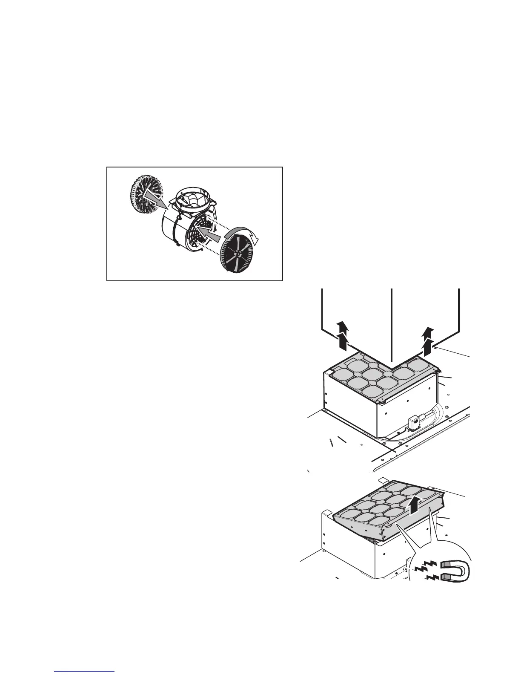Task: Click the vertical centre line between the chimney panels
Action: click(x=391, y=324)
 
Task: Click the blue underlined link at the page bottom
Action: click(x=85, y=670)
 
